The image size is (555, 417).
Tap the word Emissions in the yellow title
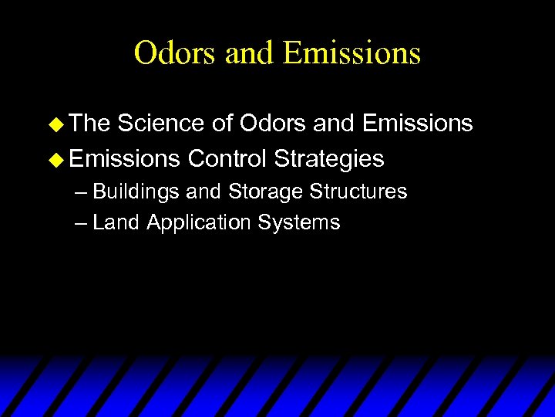click(x=351, y=53)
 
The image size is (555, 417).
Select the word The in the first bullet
click(x=89, y=124)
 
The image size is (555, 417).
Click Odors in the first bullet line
click(x=271, y=124)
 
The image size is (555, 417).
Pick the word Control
click(x=227, y=159)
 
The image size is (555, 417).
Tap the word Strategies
click(x=329, y=160)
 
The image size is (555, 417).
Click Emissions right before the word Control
click(x=124, y=159)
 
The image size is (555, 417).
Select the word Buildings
click(x=136, y=192)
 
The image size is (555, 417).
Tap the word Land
click(x=116, y=223)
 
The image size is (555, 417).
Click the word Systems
click(x=299, y=224)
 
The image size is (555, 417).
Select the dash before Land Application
click(x=82, y=224)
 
